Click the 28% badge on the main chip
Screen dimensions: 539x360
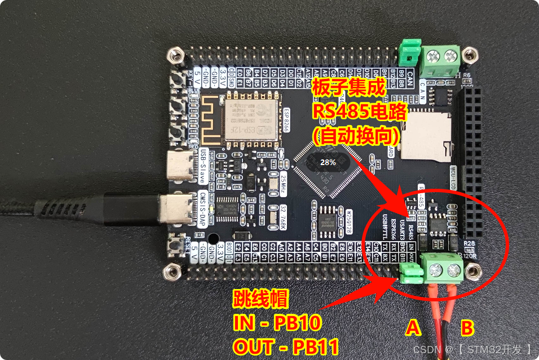tap(328, 162)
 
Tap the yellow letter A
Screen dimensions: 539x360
tap(414, 327)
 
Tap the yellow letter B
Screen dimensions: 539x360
tap(467, 327)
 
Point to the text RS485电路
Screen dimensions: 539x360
tap(359, 111)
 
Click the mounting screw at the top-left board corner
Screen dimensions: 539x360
tap(176, 56)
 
